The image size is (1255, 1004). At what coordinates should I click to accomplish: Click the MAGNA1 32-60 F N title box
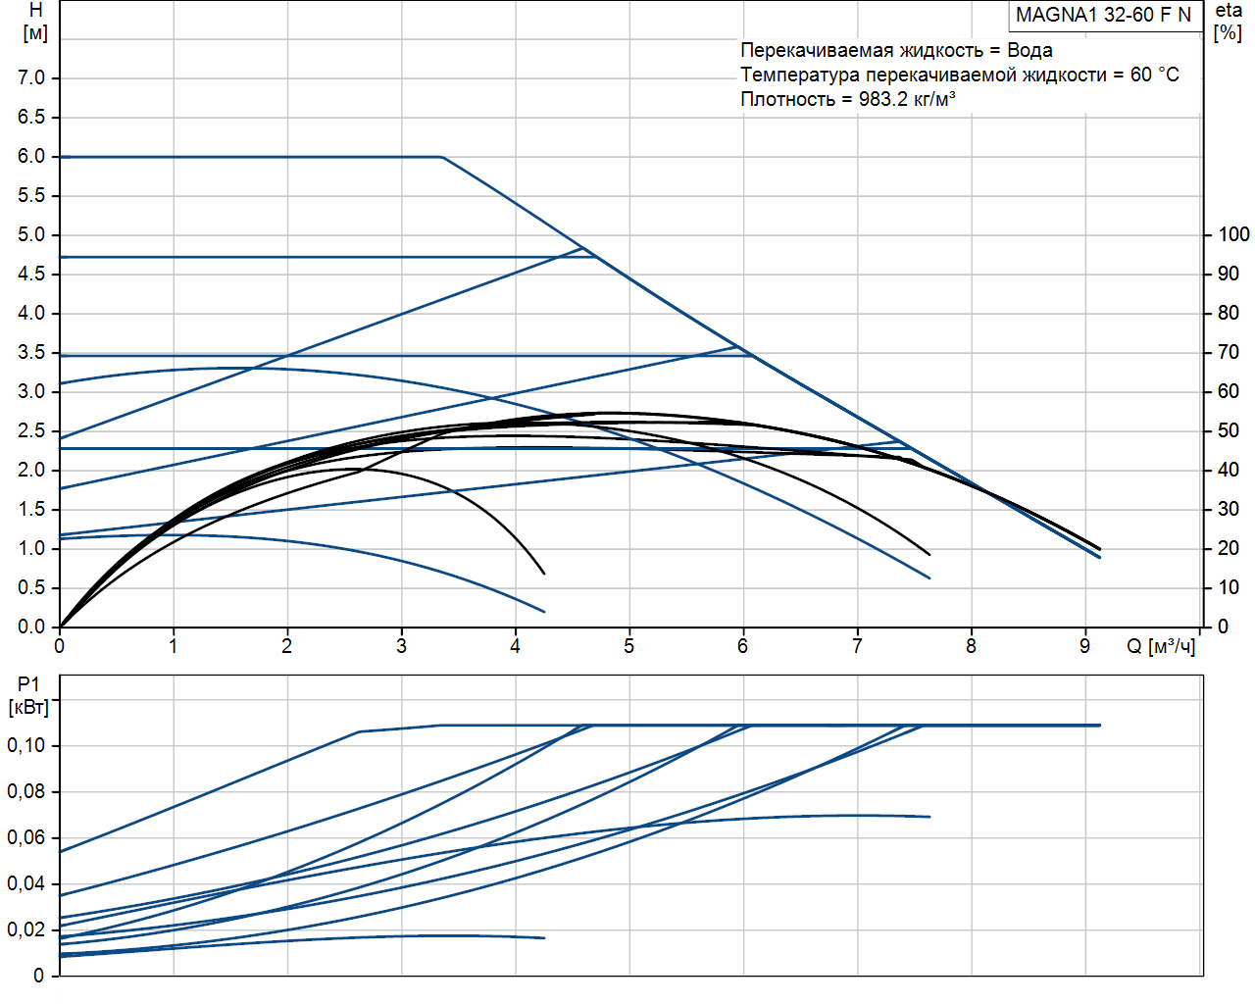pyautogui.click(x=1103, y=15)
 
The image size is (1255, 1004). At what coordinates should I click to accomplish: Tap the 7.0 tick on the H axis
pyautogui.click(x=31, y=77)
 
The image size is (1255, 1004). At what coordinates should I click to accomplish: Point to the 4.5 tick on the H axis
pyautogui.click(x=31, y=274)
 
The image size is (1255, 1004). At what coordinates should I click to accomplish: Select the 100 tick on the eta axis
pyautogui.click(x=1232, y=234)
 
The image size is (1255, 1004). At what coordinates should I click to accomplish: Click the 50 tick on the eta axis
pyautogui.click(x=1228, y=430)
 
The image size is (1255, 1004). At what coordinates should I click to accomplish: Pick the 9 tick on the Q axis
pyautogui.click(x=1084, y=646)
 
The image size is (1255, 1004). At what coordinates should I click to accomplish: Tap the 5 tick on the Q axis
pyautogui.click(x=628, y=646)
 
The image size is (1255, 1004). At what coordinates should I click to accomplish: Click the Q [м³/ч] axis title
pyautogui.click(x=1161, y=646)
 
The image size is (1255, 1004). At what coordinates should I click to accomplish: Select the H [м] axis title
pyautogui.click(x=35, y=22)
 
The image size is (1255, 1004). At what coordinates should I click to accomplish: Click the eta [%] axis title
pyautogui.click(x=1229, y=22)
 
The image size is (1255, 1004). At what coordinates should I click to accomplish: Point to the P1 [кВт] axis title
pyautogui.click(x=28, y=695)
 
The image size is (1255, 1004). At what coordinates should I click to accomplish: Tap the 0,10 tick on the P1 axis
pyautogui.click(x=26, y=745)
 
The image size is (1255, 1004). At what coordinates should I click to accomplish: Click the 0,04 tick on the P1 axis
pyautogui.click(x=26, y=883)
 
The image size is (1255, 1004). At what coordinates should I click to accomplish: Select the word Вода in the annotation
pyautogui.click(x=1029, y=50)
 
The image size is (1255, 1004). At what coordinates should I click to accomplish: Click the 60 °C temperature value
pyautogui.click(x=1154, y=75)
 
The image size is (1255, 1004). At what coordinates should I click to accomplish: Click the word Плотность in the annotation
pyautogui.click(x=787, y=99)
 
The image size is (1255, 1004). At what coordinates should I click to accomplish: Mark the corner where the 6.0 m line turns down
pyautogui.click(x=442, y=157)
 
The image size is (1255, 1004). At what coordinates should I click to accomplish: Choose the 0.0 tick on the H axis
pyautogui.click(x=31, y=627)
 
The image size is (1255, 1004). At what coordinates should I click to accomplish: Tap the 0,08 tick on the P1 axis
pyautogui.click(x=26, y=791)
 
